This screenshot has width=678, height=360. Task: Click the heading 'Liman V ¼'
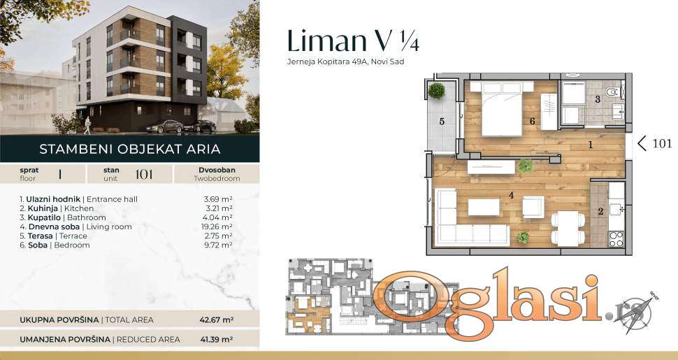[x=353, y=41]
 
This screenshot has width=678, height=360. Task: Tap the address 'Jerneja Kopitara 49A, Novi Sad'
[x=345, y=62]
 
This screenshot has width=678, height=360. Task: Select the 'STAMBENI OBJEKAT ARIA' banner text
[x=130, y=150]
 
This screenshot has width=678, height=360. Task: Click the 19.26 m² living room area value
[x=218, y=226]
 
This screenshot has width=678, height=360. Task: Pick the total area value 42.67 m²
[x=217, y=320]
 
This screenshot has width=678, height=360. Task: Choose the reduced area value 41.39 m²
[x=217, y=340]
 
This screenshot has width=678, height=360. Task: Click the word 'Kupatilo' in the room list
[x=44, y=217]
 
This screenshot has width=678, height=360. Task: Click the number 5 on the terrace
[x=442, y=122]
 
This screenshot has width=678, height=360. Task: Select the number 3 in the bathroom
[x=598, y=99]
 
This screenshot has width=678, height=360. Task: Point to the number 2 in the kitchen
[x=600, y=212]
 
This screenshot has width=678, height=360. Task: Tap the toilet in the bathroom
[x=613, y=92]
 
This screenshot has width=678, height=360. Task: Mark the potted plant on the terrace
[x=436, y=91]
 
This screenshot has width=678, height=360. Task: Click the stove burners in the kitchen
[x=616, y=239]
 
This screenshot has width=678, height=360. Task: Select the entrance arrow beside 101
[x=642, y=144]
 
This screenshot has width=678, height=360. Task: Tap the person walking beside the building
[x=88, y=126]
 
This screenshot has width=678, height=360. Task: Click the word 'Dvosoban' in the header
[x=217, y=171]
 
